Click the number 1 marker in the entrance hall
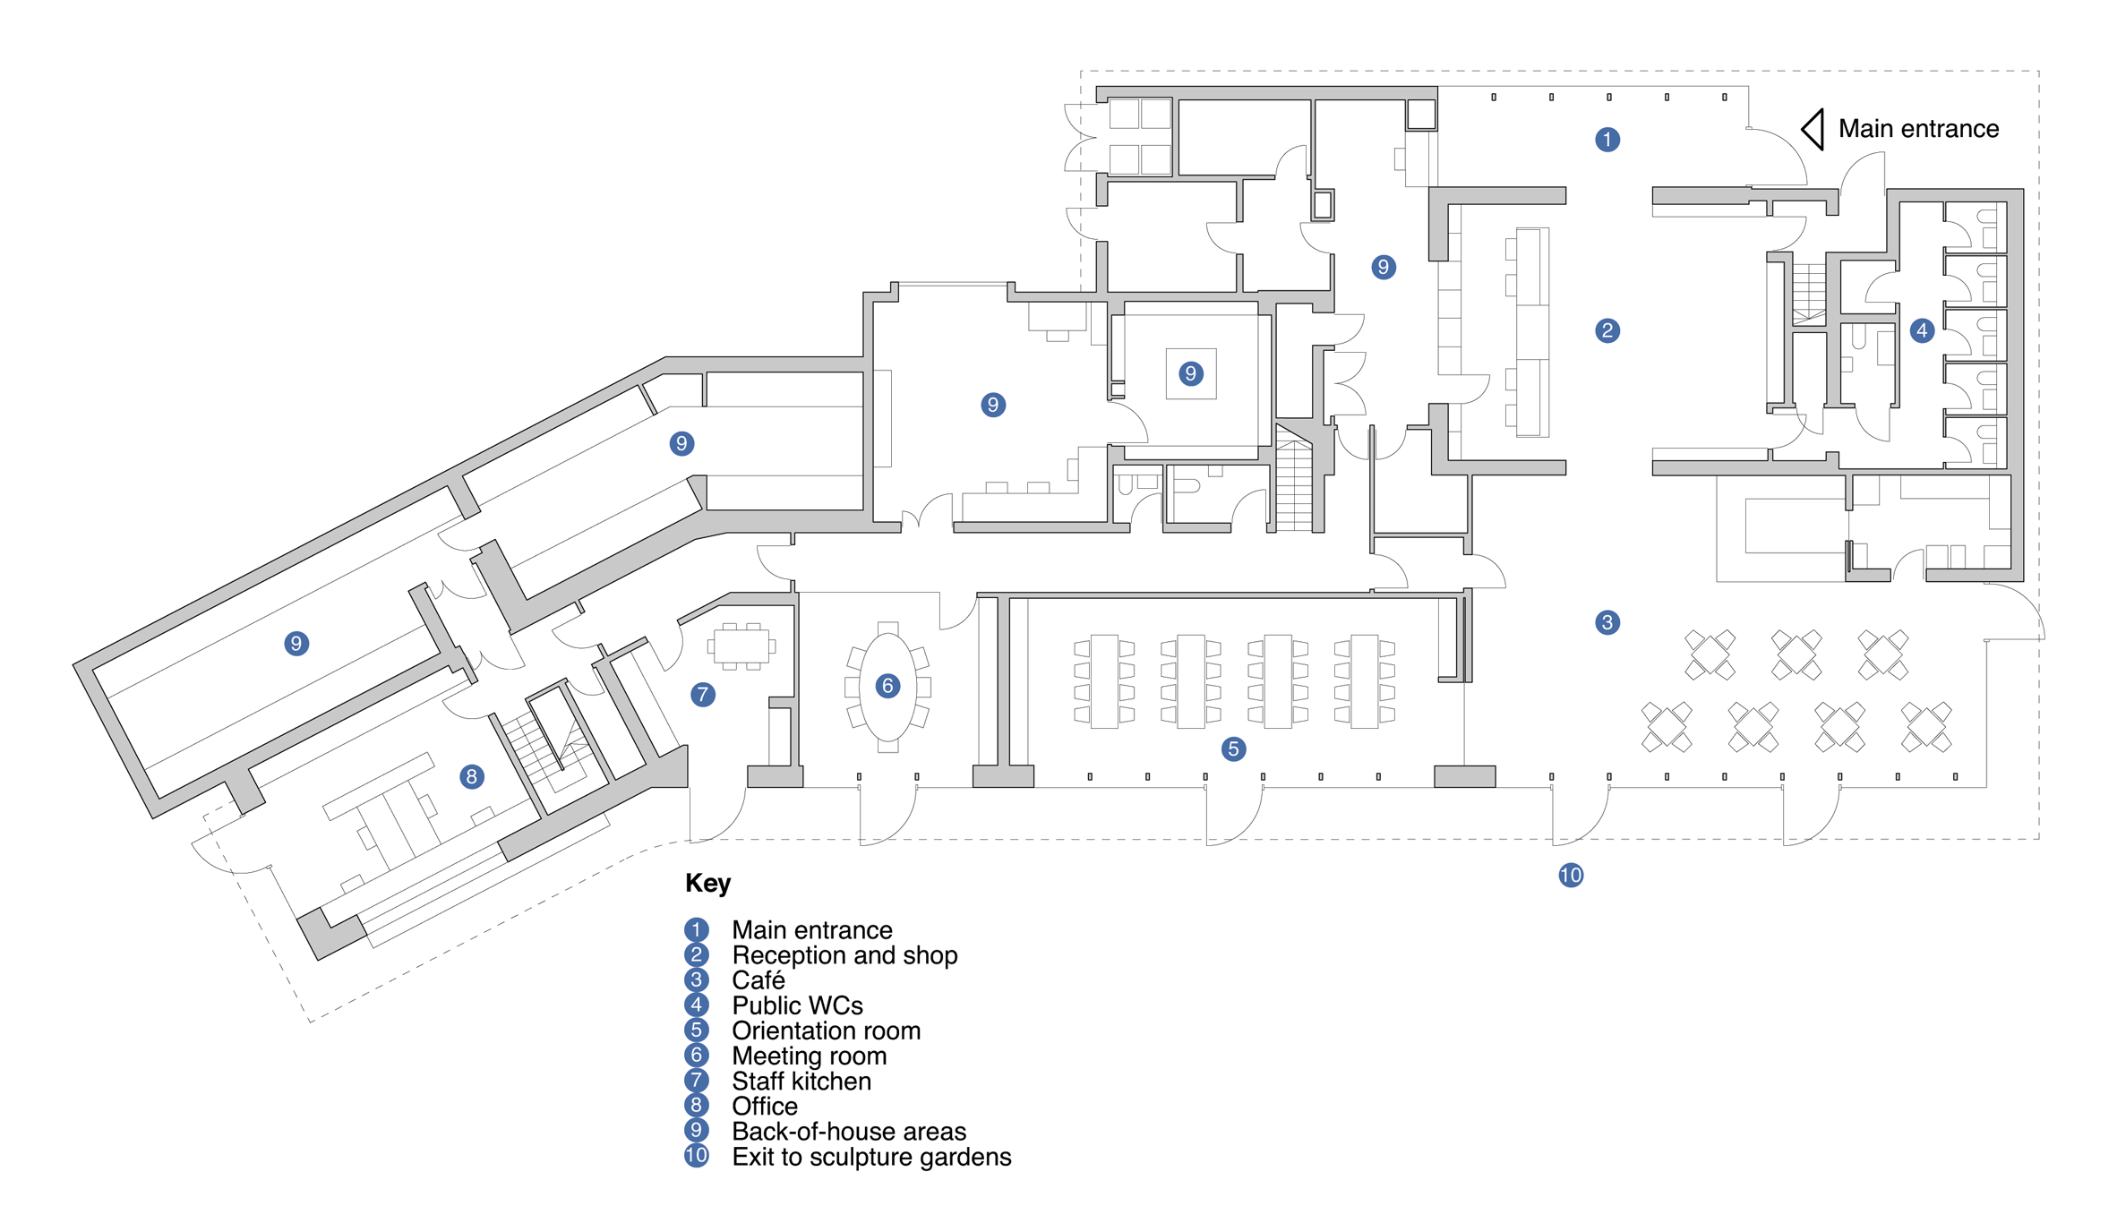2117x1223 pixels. click(1607, 140)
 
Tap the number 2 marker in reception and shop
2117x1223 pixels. click(1607, 331)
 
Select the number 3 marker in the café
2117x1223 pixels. click(1607, 622)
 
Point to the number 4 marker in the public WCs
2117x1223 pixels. click(1921, 331)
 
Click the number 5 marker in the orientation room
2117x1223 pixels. click(1233, 749)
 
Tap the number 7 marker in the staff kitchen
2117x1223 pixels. click(703, 694)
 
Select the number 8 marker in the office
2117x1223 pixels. click(472, 777)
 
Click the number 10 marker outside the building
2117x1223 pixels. click(1571, 876)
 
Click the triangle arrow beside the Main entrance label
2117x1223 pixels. click(1813, 130)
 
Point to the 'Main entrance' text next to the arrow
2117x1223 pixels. click(1918, 129)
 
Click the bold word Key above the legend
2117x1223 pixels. click(707, 884)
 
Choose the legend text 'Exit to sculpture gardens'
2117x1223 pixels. click(871, 1157)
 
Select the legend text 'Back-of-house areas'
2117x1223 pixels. click(849, 1132)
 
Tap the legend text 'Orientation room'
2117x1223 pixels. click(826, 1031)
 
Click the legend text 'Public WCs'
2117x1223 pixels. click(797, 1005)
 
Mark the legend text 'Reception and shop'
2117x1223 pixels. click(844, 955)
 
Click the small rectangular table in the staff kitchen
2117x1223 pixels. click(741, 646)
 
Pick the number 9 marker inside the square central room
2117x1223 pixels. click(1190, 373)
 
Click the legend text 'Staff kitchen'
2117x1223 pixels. click(801, 1082)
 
